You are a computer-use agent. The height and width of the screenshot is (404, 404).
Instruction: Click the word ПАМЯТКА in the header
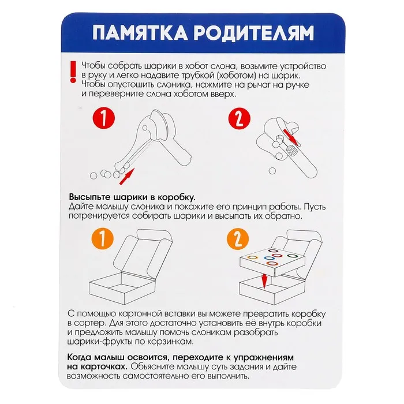point(140,33)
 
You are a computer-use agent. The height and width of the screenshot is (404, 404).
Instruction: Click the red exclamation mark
point(73,72)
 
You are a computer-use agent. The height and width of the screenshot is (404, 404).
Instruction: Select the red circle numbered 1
point(103,118)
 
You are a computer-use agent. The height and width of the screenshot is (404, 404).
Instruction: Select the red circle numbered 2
point(240,118)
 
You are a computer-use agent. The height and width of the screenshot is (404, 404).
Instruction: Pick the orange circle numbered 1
point(103,239)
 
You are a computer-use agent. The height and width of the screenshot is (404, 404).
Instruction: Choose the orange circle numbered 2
point(238,239)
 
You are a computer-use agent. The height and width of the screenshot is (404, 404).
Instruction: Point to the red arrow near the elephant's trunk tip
point(127,177)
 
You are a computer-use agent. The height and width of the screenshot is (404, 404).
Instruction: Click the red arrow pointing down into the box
point(264,281)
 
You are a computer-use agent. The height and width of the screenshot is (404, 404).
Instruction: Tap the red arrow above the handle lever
point(291,137)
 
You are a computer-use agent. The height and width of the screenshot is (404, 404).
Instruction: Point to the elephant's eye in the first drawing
point(145,128)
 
